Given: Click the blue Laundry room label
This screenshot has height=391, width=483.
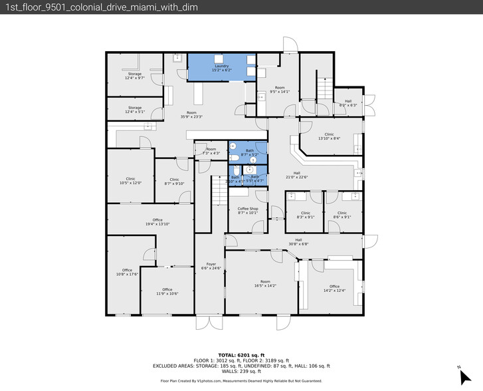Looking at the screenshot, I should click(221, 68).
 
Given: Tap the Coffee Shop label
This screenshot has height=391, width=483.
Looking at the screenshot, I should click(247, 211).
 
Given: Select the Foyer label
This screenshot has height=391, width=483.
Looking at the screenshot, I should click(211, 266).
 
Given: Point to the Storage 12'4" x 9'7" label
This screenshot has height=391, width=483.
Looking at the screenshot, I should click(134, 76).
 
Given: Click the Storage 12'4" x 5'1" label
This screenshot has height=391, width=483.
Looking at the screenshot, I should click(134, 109).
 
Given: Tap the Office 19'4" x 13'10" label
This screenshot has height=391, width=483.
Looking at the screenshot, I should click(157, 222).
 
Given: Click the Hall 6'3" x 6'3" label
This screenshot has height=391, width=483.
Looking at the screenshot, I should click(348, 103).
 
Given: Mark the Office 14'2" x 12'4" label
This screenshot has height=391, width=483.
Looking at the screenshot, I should click(334, 289).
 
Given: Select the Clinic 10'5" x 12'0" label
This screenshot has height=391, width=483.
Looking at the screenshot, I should click(131, 181).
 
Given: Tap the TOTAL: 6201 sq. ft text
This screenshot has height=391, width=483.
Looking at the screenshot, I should click(241, 355).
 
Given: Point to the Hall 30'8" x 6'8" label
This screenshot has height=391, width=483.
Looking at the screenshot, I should click(298, 241).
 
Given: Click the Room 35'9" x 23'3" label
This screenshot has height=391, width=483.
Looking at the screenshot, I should click(191, 114).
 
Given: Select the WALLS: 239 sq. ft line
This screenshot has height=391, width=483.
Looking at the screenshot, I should click(241, 371).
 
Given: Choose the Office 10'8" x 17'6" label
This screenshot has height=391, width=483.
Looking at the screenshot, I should click(126, 271).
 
